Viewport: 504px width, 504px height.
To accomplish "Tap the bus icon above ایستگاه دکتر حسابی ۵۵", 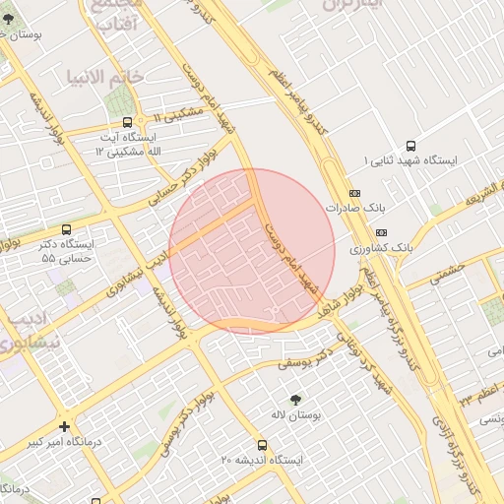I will pyautogui.click(x=66, y=229).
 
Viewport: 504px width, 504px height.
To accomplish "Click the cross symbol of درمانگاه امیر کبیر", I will pyautogui.click(x=65, y=427).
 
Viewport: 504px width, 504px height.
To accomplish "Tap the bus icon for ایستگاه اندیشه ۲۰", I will pyautogui.click(x=261, y=445).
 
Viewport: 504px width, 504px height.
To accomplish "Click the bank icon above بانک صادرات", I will pyautogui.click(x=354, y=193).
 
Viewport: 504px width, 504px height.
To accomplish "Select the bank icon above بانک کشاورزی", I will pyautogui.click(x=383, y=232).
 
